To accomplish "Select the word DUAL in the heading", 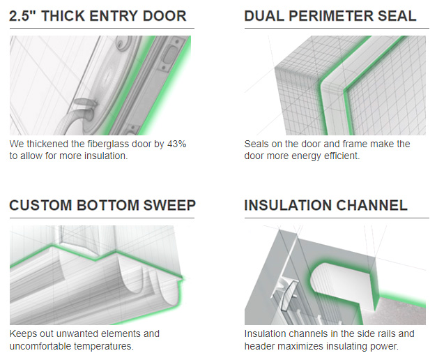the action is click(264, 15).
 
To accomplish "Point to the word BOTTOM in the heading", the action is click(107, 205).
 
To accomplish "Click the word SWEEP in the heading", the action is click(169, 205).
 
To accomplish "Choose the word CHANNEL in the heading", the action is click(372, 205).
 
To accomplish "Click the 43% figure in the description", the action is click(177, 144).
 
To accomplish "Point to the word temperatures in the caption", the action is click(104, 346).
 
